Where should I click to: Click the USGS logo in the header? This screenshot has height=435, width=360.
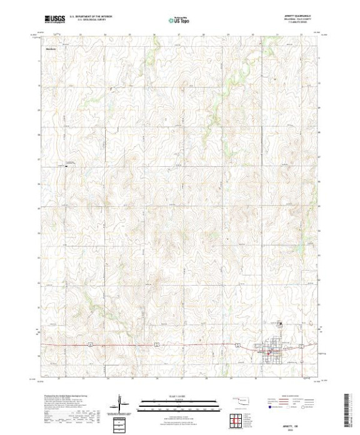(x=55, y=19)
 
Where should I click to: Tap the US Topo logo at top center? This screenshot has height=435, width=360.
(x=179, y=20)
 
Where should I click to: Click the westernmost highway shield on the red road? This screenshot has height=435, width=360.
(x=91, y=344)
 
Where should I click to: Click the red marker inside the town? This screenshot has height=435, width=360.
(x=269, y=354)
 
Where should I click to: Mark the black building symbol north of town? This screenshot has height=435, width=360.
(x=280, y=323)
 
